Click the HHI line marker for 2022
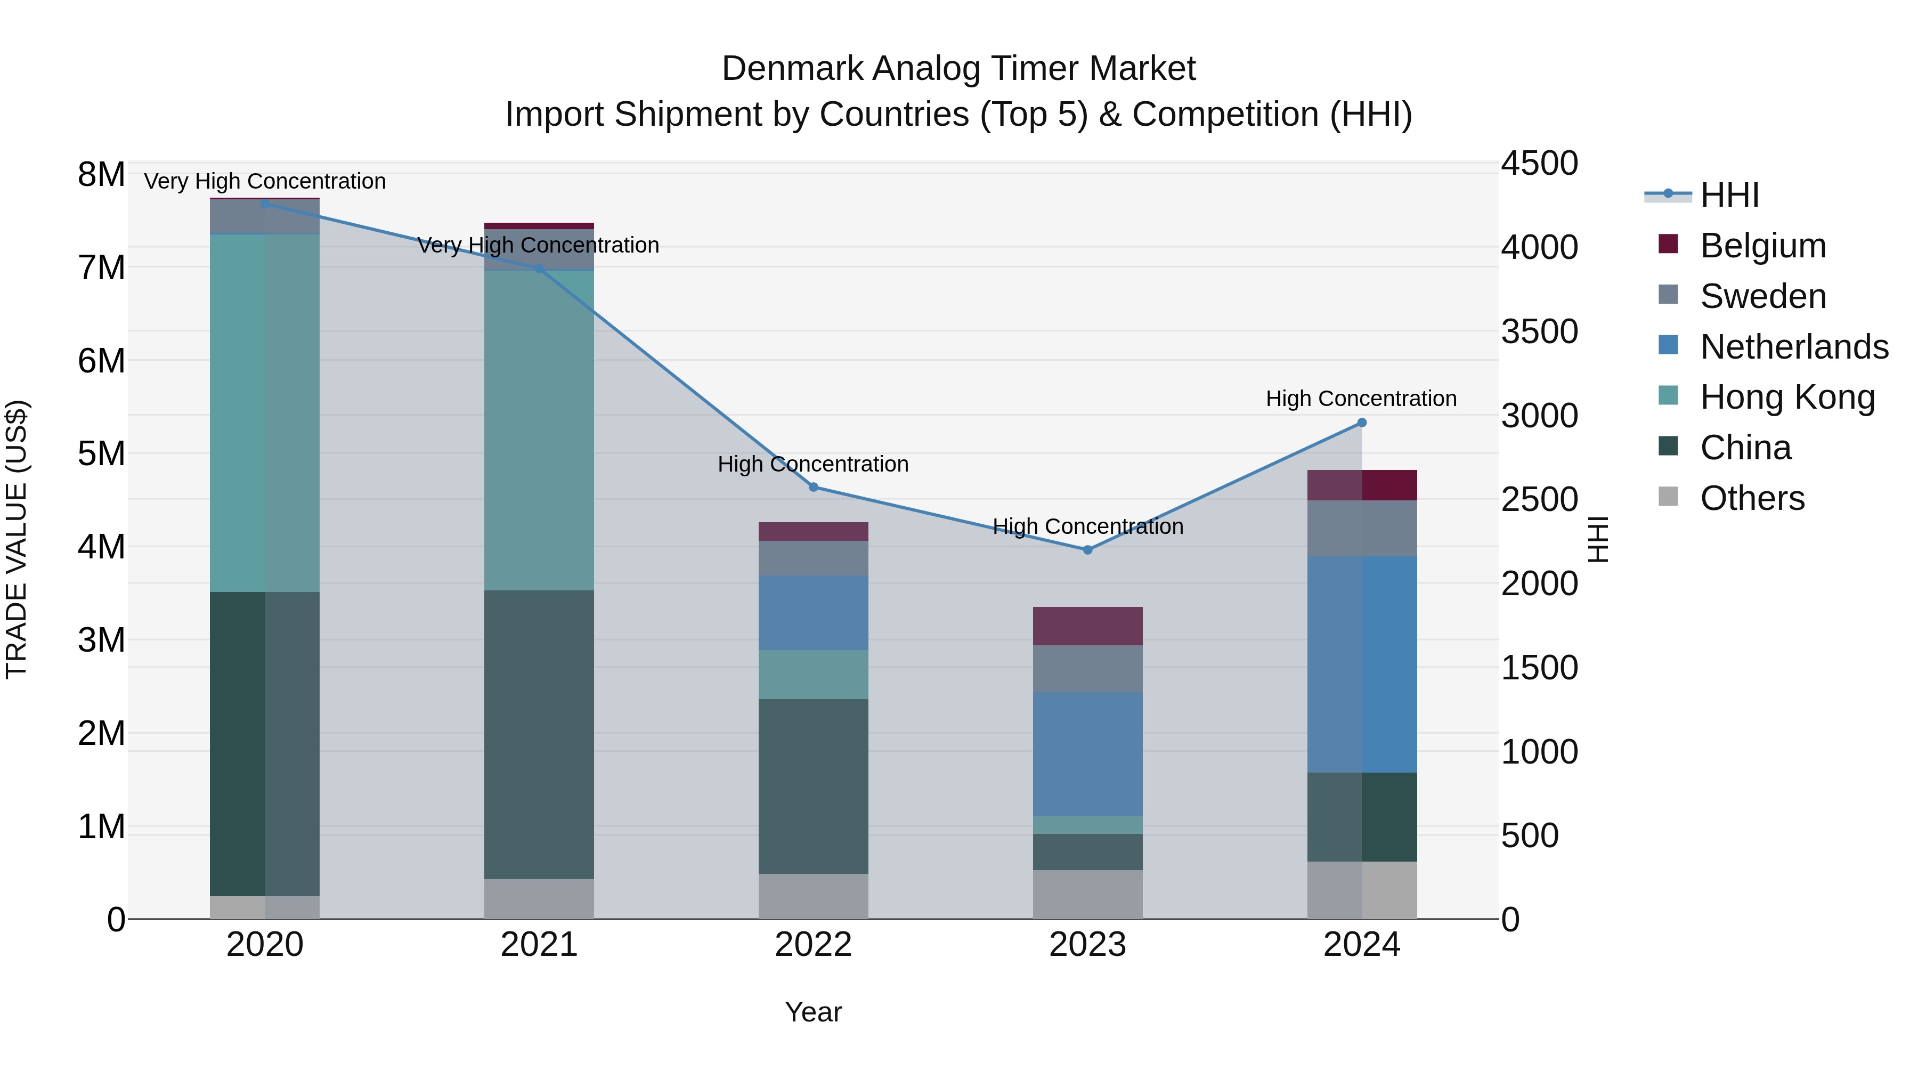[813, 487]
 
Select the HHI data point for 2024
[1362, 422]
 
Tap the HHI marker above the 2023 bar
[1087, 549]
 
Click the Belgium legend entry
[1762, 246]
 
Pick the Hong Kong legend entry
[1786, 397]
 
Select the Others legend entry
[1752, 498]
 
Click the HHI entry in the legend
[1729, 195]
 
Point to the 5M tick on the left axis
[101, 453]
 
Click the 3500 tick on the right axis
[1539, 331]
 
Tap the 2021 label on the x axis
[539, 945]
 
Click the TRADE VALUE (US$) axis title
[17, 539]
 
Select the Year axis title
[813, 1012]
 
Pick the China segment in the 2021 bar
[539, 734]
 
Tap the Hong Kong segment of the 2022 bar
[813, 674]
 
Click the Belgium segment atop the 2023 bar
[1087, 626]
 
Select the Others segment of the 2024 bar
[1362, 890]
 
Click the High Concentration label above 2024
[1361, 399]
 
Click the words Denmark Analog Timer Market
[958, 69]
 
